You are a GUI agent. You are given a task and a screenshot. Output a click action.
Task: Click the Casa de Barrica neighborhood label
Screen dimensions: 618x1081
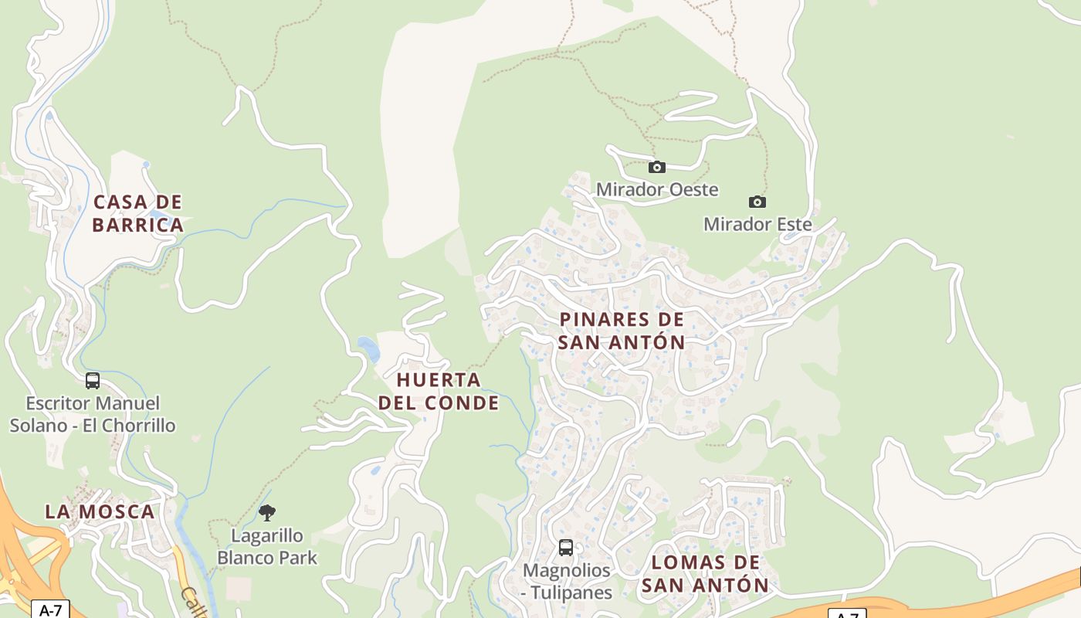tap(137, 213)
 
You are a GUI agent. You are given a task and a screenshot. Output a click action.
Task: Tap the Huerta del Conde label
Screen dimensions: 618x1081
tap(439, 391)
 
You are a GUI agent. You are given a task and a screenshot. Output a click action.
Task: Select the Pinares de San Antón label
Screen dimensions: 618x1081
tap(622, 331)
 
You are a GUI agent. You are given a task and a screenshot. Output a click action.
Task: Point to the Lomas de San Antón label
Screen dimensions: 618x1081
tap(705, 573)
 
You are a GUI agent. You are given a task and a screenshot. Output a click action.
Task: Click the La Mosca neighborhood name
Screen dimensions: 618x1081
tap(100, 511)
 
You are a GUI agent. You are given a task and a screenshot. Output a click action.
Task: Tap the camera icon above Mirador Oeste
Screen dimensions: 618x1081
tap(656, 167)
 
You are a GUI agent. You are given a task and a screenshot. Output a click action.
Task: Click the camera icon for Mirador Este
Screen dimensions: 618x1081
tap(757, 202)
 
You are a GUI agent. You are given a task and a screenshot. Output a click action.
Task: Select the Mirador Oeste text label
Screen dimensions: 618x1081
tap(656, 189)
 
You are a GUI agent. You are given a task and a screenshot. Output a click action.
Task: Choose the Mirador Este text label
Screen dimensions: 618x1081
tap(757, 224)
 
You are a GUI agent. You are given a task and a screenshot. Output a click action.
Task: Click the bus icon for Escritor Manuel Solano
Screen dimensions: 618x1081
tap(93, 380)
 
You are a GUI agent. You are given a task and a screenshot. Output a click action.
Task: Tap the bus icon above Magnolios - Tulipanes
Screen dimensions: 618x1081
tap(566, 548)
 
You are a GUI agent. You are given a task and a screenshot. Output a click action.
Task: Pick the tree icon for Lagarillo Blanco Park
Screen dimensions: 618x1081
tap(267, 512)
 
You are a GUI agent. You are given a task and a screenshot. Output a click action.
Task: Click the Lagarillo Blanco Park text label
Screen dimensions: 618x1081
tap(267, 546)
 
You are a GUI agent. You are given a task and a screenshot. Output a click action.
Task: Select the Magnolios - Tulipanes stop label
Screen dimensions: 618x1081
tap(567, 582)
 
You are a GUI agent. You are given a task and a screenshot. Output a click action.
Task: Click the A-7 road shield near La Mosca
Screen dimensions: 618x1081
tap(50, 610)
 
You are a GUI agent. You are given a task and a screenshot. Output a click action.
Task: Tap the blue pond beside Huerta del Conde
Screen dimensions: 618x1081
tap(369, 349)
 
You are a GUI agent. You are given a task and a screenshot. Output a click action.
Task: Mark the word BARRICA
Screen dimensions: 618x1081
tap(137, 225)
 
